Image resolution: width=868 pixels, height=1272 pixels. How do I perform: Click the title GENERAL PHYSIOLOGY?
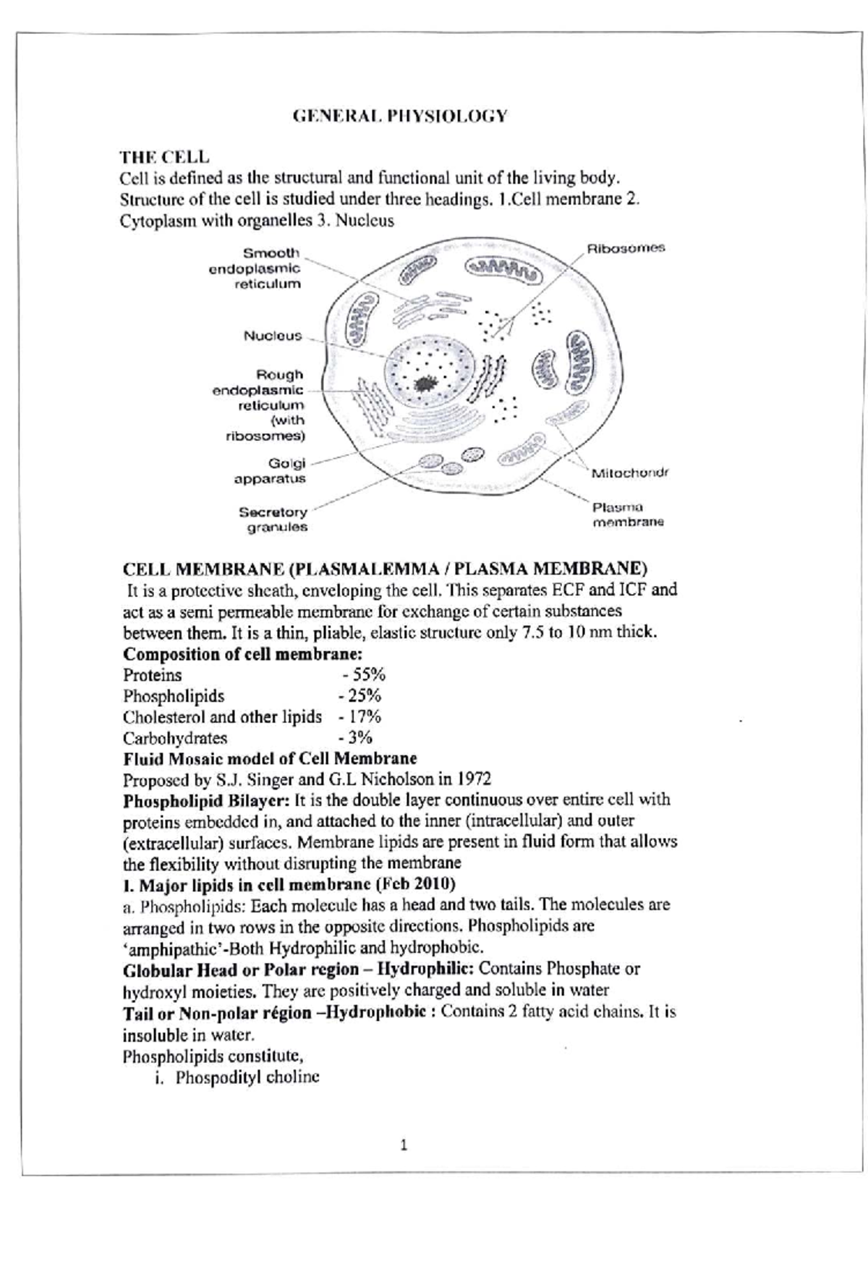(400, 116)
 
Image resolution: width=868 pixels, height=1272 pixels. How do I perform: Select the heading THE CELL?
(165, 156)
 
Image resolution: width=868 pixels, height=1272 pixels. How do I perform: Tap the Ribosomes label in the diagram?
(625, 248)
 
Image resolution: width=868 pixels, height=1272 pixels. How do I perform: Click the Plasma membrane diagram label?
(626, 514)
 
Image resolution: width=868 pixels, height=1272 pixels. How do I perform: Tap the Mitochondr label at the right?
(629, 473)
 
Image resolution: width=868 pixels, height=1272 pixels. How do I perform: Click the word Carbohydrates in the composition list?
(175, 738)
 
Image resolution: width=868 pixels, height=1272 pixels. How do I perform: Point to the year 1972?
(473, 779)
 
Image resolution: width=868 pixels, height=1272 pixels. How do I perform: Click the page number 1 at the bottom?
(404, 1145)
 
